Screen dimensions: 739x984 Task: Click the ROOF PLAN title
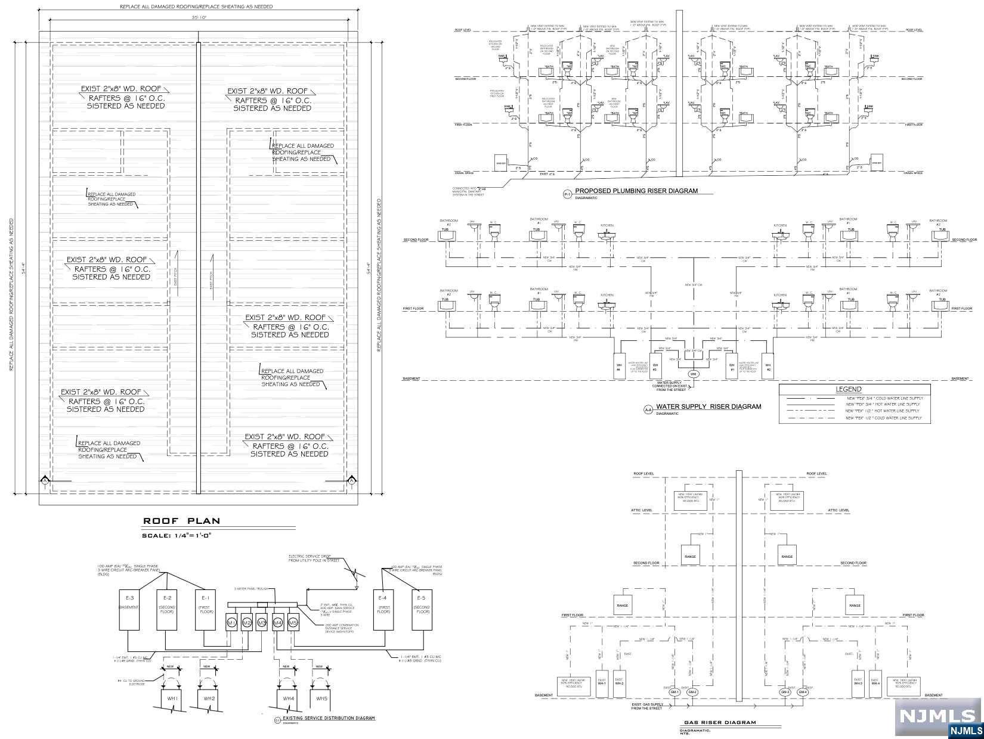[x=181, y=521]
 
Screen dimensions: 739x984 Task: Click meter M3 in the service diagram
[x=261, y=623]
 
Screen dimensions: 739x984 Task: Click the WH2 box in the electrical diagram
[x=209, y=698]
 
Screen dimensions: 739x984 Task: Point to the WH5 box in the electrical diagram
[x=321, y=698]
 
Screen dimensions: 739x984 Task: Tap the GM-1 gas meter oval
[x=675, y=693]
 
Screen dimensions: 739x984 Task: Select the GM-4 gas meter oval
[x=803, y=693]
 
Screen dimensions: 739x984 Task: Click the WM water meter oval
[x=692, y=374]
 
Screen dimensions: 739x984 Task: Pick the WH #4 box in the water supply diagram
[x=618, y=367]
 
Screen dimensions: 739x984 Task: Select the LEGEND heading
[x=849, y=389]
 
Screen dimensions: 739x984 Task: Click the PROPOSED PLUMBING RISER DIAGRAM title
[x=636, y=191]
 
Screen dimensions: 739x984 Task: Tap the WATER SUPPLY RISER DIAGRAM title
[x=708, y=406]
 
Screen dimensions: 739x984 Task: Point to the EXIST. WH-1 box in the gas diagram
[x=602, y=682]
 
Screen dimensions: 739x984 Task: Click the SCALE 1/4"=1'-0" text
[x=177, y=535]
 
